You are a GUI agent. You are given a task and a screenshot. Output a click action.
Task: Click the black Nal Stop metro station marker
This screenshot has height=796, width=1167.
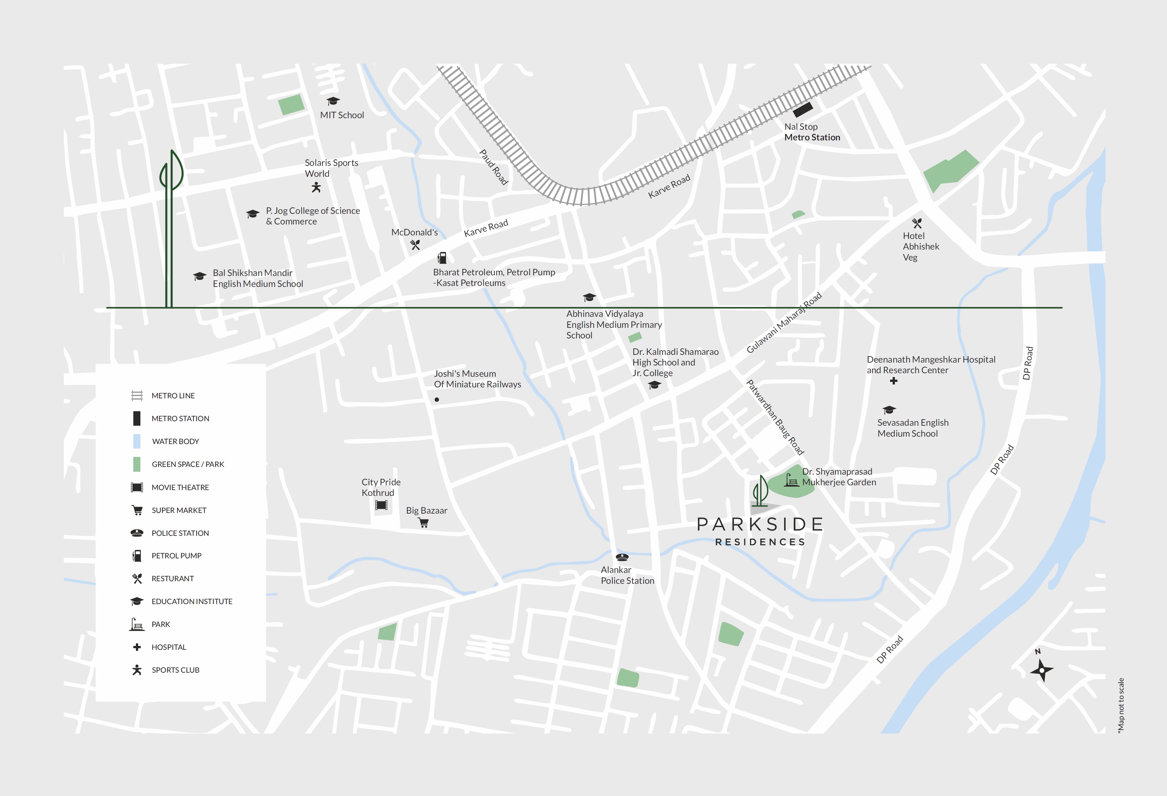[802, 109]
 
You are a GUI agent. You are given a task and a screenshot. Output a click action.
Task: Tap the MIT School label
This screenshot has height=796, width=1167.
[342, 115]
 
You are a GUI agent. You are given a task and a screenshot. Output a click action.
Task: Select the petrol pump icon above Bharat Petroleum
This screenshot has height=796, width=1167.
[442, 258]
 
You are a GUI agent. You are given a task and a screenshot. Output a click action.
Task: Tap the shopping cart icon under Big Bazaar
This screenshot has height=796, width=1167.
[424, 523]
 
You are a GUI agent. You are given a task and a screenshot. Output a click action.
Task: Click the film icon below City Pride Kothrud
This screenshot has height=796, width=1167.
[381, 505]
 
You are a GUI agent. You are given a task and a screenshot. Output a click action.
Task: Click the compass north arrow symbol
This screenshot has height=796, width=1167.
[1041, 669]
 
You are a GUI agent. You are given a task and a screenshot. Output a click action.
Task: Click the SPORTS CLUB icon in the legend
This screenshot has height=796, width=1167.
[137, 670]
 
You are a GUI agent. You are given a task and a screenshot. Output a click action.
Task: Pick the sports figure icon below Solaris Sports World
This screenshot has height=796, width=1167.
[316, 187]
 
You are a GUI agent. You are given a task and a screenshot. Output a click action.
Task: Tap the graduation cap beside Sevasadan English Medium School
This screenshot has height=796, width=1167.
[889, 410]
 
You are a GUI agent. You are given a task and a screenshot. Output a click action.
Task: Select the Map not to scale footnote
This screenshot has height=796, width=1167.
[1121, 705]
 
